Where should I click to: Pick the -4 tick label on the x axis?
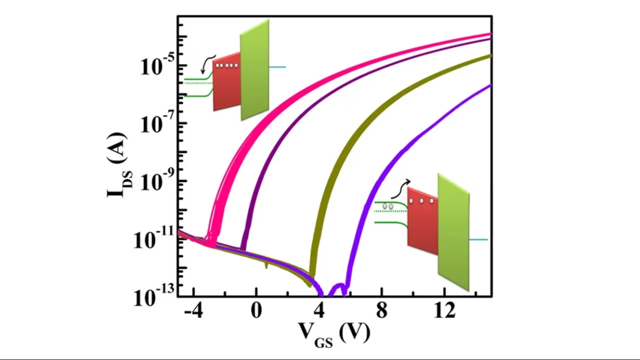tap(193, 311)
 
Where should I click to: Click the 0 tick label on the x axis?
tap(256, 311)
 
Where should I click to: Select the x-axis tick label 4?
tap(318, 311)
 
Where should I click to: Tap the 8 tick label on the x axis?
tap(381, 311)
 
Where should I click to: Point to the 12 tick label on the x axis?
tap(444, 311)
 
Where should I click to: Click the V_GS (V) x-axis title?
tap(334, 332)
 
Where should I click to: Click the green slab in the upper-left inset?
tap(254, 70)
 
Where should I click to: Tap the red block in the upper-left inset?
tap(226, 85)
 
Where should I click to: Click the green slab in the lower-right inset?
tap(453, 231)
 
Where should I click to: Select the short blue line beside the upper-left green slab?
tap(277, 67)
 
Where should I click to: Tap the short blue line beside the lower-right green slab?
tap(478, 240)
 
